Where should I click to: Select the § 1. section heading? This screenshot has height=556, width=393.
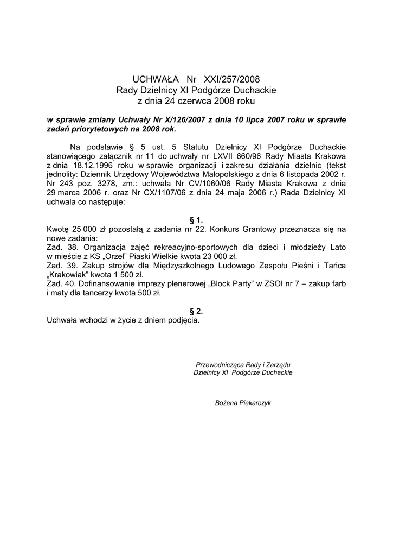coord(196,220)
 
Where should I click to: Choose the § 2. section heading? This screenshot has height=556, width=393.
coord(196,311)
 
